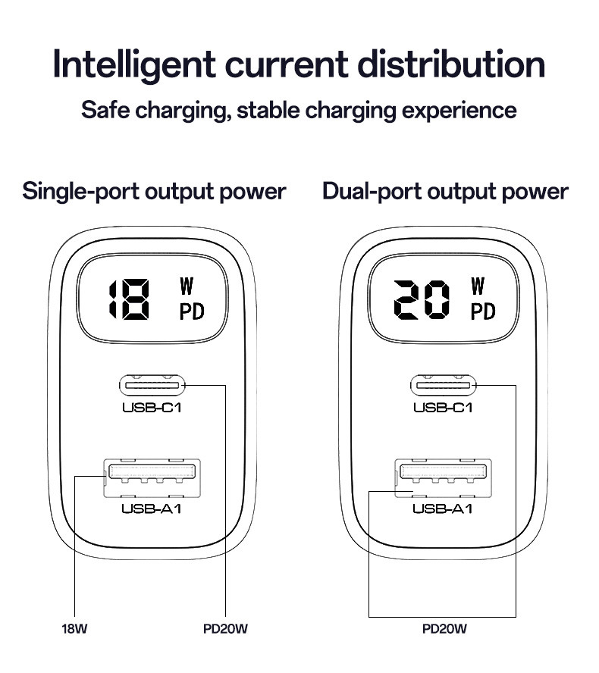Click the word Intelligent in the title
[134, 65]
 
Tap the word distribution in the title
[451, 64]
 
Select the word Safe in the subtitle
[105, 110]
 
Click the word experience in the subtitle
[459, 111]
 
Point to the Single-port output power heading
[154, 192]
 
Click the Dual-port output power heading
[445, 192]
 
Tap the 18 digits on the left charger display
[129, 299]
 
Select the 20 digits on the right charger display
[422, 299]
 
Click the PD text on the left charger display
[192, 311]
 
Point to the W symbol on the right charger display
[478, 286]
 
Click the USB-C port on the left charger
[152, 386]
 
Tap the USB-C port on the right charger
[443, 386]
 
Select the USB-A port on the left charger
[152, 478]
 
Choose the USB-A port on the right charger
[443, 478]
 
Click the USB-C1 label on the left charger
[152, 407]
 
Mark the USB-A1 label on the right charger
[443, 509]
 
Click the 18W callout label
[74, 629]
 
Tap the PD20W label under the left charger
[225, 629]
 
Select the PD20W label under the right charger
[444, 629]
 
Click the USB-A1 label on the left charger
[152, 509]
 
